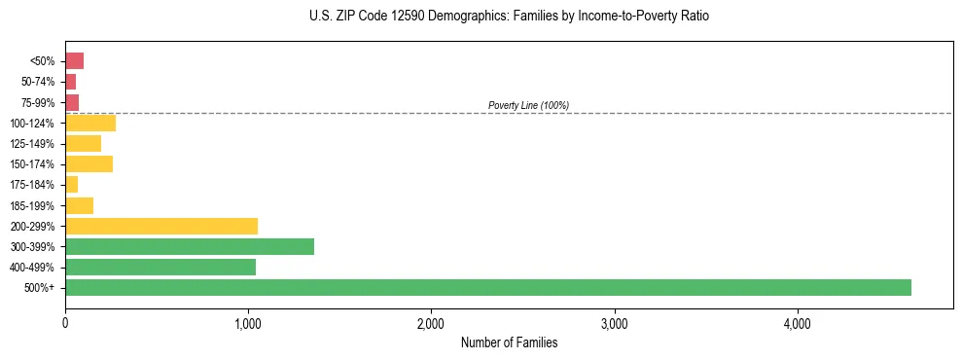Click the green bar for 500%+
[487, 287]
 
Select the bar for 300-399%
[190, 246]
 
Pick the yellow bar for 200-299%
[161, 226]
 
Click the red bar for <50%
[74, 61]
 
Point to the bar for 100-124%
[90, 123]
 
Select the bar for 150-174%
[89, 163]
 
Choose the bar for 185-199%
[79, 205]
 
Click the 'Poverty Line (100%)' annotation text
[528, 105]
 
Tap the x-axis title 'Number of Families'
[509, 342]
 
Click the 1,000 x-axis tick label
[248, 322]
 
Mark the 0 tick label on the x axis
[65, 322]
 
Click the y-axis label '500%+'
[41, 288]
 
